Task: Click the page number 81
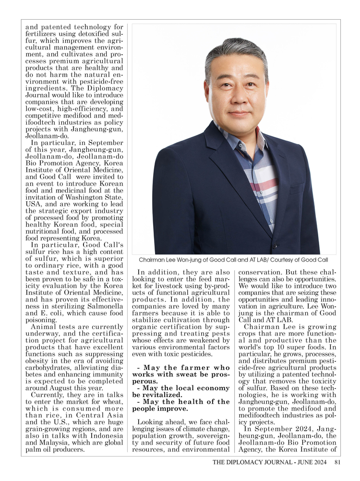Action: tap(337, 462)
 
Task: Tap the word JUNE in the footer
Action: tap(300, 462)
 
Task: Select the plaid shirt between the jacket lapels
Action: tap(259, 178)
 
